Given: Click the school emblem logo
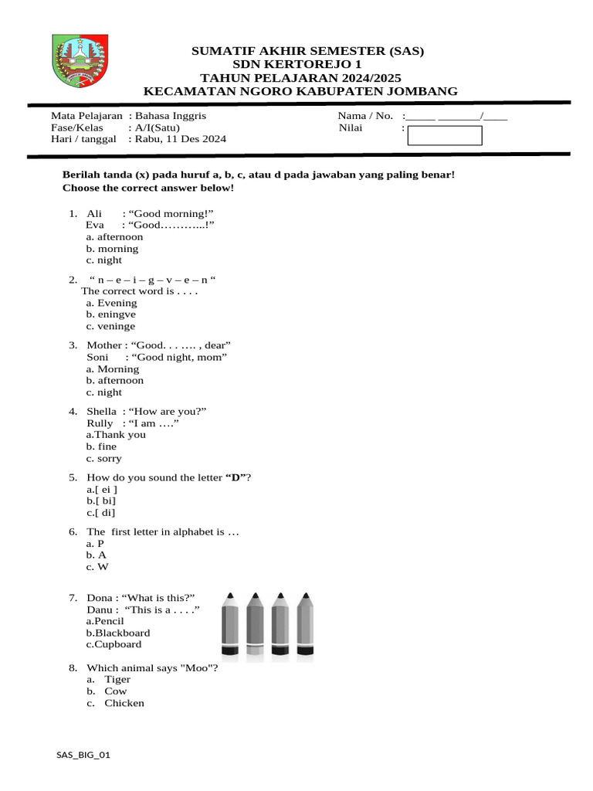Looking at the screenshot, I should pos(81,62).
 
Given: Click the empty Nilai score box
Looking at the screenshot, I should pos(444,136).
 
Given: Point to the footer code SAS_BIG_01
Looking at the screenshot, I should pos(83,755).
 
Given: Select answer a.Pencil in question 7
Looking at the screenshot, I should pos(104,621).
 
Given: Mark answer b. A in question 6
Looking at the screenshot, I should pos(97,555).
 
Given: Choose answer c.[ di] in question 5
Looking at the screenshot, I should pos(101,512).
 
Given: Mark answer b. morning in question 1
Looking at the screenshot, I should pos(112,249).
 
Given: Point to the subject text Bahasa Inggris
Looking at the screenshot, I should pos(171,116).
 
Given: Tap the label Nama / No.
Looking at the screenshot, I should pos(365,116).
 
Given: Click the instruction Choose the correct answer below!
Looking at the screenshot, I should pos(147,188).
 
